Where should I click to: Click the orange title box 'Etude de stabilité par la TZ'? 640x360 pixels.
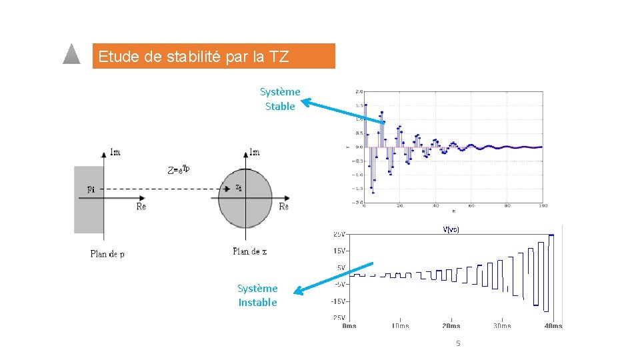pos(213,57)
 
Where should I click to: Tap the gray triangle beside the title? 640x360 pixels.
pos(71,55)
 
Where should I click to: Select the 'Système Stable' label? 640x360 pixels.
pos(280,99)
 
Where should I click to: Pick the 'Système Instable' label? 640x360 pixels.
pos(258,295)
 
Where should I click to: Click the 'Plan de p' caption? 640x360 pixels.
pos(107,254)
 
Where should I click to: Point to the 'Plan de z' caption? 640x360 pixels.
pos(250,251)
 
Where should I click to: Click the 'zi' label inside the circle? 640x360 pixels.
pos(239,187)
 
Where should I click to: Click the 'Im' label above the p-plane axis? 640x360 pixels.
pos(115,153)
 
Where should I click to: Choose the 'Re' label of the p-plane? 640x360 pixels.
pos(141,207)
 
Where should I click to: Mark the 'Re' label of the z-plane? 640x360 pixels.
pos(284,207)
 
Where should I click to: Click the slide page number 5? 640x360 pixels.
pos(458,343)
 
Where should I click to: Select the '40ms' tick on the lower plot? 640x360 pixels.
pos(553,326)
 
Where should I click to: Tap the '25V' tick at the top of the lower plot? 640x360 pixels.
pos(339,234)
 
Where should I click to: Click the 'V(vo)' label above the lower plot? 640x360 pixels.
pos(451,229)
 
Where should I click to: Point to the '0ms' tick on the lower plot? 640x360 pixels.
pos(349,326)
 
